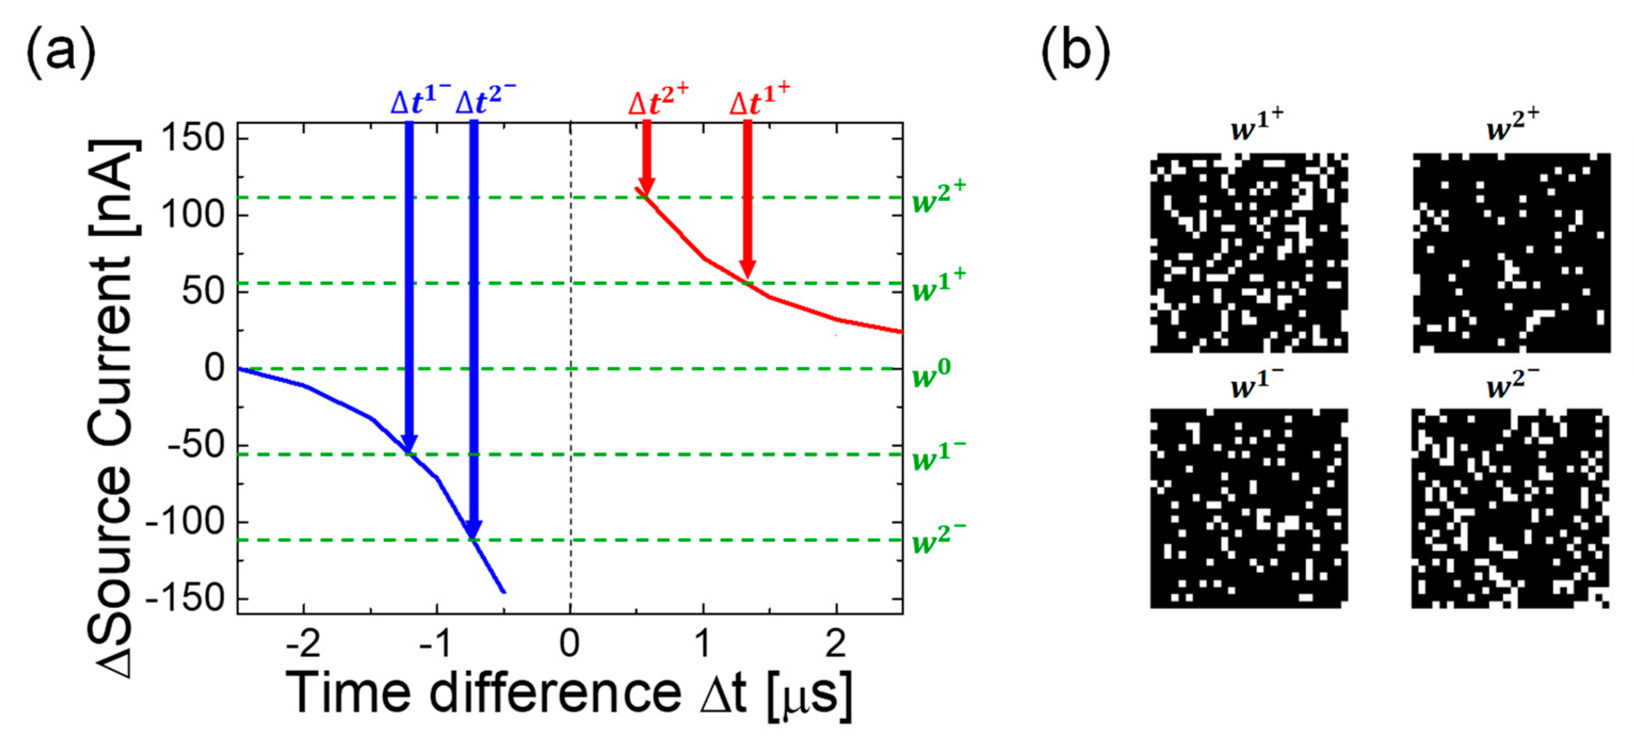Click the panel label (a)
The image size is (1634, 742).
(61, 53)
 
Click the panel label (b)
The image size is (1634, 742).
(1076, 53)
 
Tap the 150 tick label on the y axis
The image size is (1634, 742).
(194, 137)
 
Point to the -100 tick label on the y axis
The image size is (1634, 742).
(186, 522)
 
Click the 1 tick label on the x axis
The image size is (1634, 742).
(703, 643)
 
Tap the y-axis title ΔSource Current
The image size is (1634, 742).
(114, 406)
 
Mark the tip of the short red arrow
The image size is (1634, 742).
(646, 195)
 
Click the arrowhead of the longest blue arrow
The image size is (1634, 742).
(474, 536)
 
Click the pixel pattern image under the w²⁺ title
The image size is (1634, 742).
(1511, 252)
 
